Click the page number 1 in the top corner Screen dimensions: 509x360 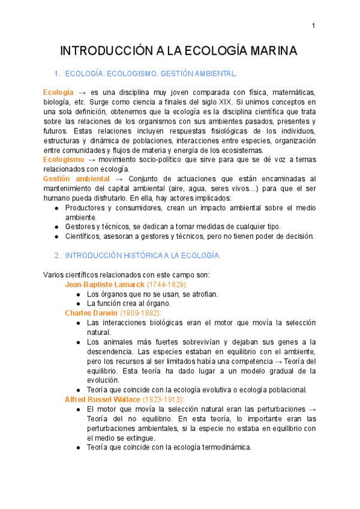(313, 25)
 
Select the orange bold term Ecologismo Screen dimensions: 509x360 (64, 159)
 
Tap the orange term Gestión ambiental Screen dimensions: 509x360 (76, 178)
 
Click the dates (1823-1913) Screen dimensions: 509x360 (164, 399)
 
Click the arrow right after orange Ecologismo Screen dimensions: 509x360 (92, 159)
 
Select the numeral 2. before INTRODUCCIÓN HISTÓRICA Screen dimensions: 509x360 (57, 255)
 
